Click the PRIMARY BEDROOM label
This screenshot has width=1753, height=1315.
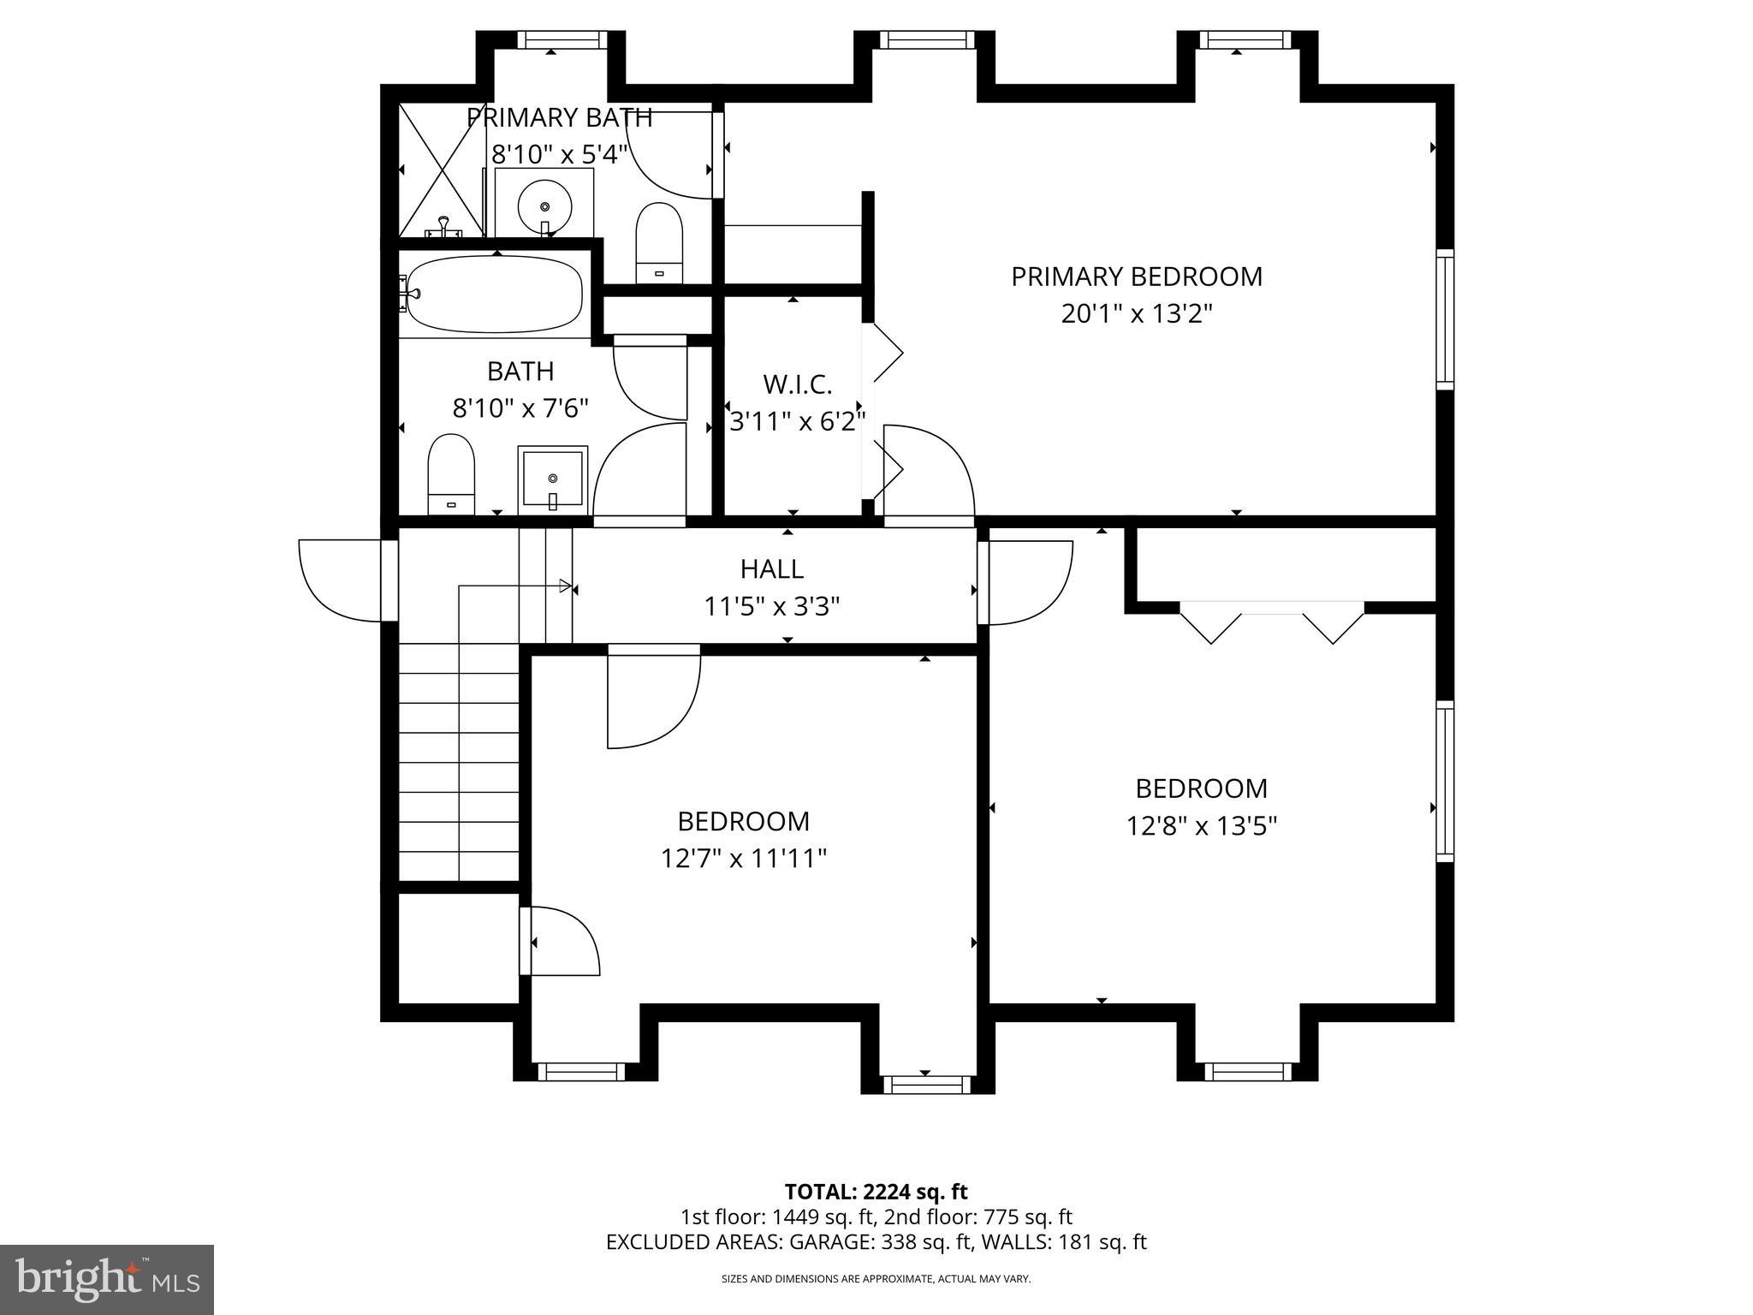[1136, 277]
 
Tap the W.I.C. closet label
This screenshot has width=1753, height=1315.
[797, 384]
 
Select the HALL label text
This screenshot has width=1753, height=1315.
[771, 568]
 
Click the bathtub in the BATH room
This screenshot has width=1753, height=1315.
[494, 295]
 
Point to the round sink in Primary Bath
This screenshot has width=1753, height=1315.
[544, 205]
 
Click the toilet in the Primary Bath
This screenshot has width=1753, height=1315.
[659, 243]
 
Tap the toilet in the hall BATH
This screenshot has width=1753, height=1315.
[451, 474]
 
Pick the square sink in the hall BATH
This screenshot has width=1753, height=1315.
[553, 479]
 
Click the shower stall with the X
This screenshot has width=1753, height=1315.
[442, 170]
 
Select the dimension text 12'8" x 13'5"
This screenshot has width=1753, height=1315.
[1201, 826]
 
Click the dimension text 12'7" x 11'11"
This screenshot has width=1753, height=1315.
[743, 858]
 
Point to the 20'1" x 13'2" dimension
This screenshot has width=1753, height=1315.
[1137, 314]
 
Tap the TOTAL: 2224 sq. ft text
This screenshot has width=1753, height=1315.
[876, 1191]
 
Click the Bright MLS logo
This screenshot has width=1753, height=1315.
[106, 1279]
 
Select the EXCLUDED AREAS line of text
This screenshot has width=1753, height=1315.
[876, 1241]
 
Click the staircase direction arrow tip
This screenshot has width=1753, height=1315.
[570, 586]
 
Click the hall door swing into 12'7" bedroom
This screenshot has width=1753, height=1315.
[654, 697]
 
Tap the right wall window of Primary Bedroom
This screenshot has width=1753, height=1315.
[1445, 318]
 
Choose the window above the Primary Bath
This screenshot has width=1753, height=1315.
[550, 39]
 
